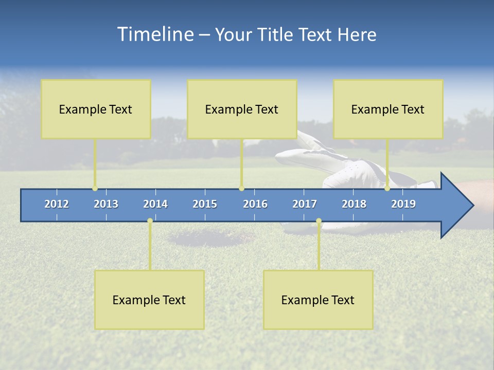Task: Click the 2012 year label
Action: [x=57, y=204]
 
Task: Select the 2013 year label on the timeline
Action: [x=106, y=204]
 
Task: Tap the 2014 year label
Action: [x=155, y=204]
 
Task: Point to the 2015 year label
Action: [x=205, y=204]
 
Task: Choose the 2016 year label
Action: [x=255, y=204]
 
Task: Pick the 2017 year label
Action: [x=305, y=204]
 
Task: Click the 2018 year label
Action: [x=354, y=204]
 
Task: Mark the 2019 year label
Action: [x=403, y=204]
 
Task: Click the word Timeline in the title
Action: [x=154, y=34]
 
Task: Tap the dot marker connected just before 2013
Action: [x=95, y=189]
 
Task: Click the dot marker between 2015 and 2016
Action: [x=241, y=189]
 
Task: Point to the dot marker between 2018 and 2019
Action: [x=387, y=189]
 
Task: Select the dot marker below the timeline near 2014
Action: [x=150, y=221]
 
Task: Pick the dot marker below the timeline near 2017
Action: [x=319, y=221]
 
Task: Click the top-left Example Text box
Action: [x=96, y=109]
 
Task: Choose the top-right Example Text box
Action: [x=388, y=109]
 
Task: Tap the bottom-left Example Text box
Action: [x=149, y=300]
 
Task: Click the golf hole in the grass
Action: [x=211, y=238]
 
